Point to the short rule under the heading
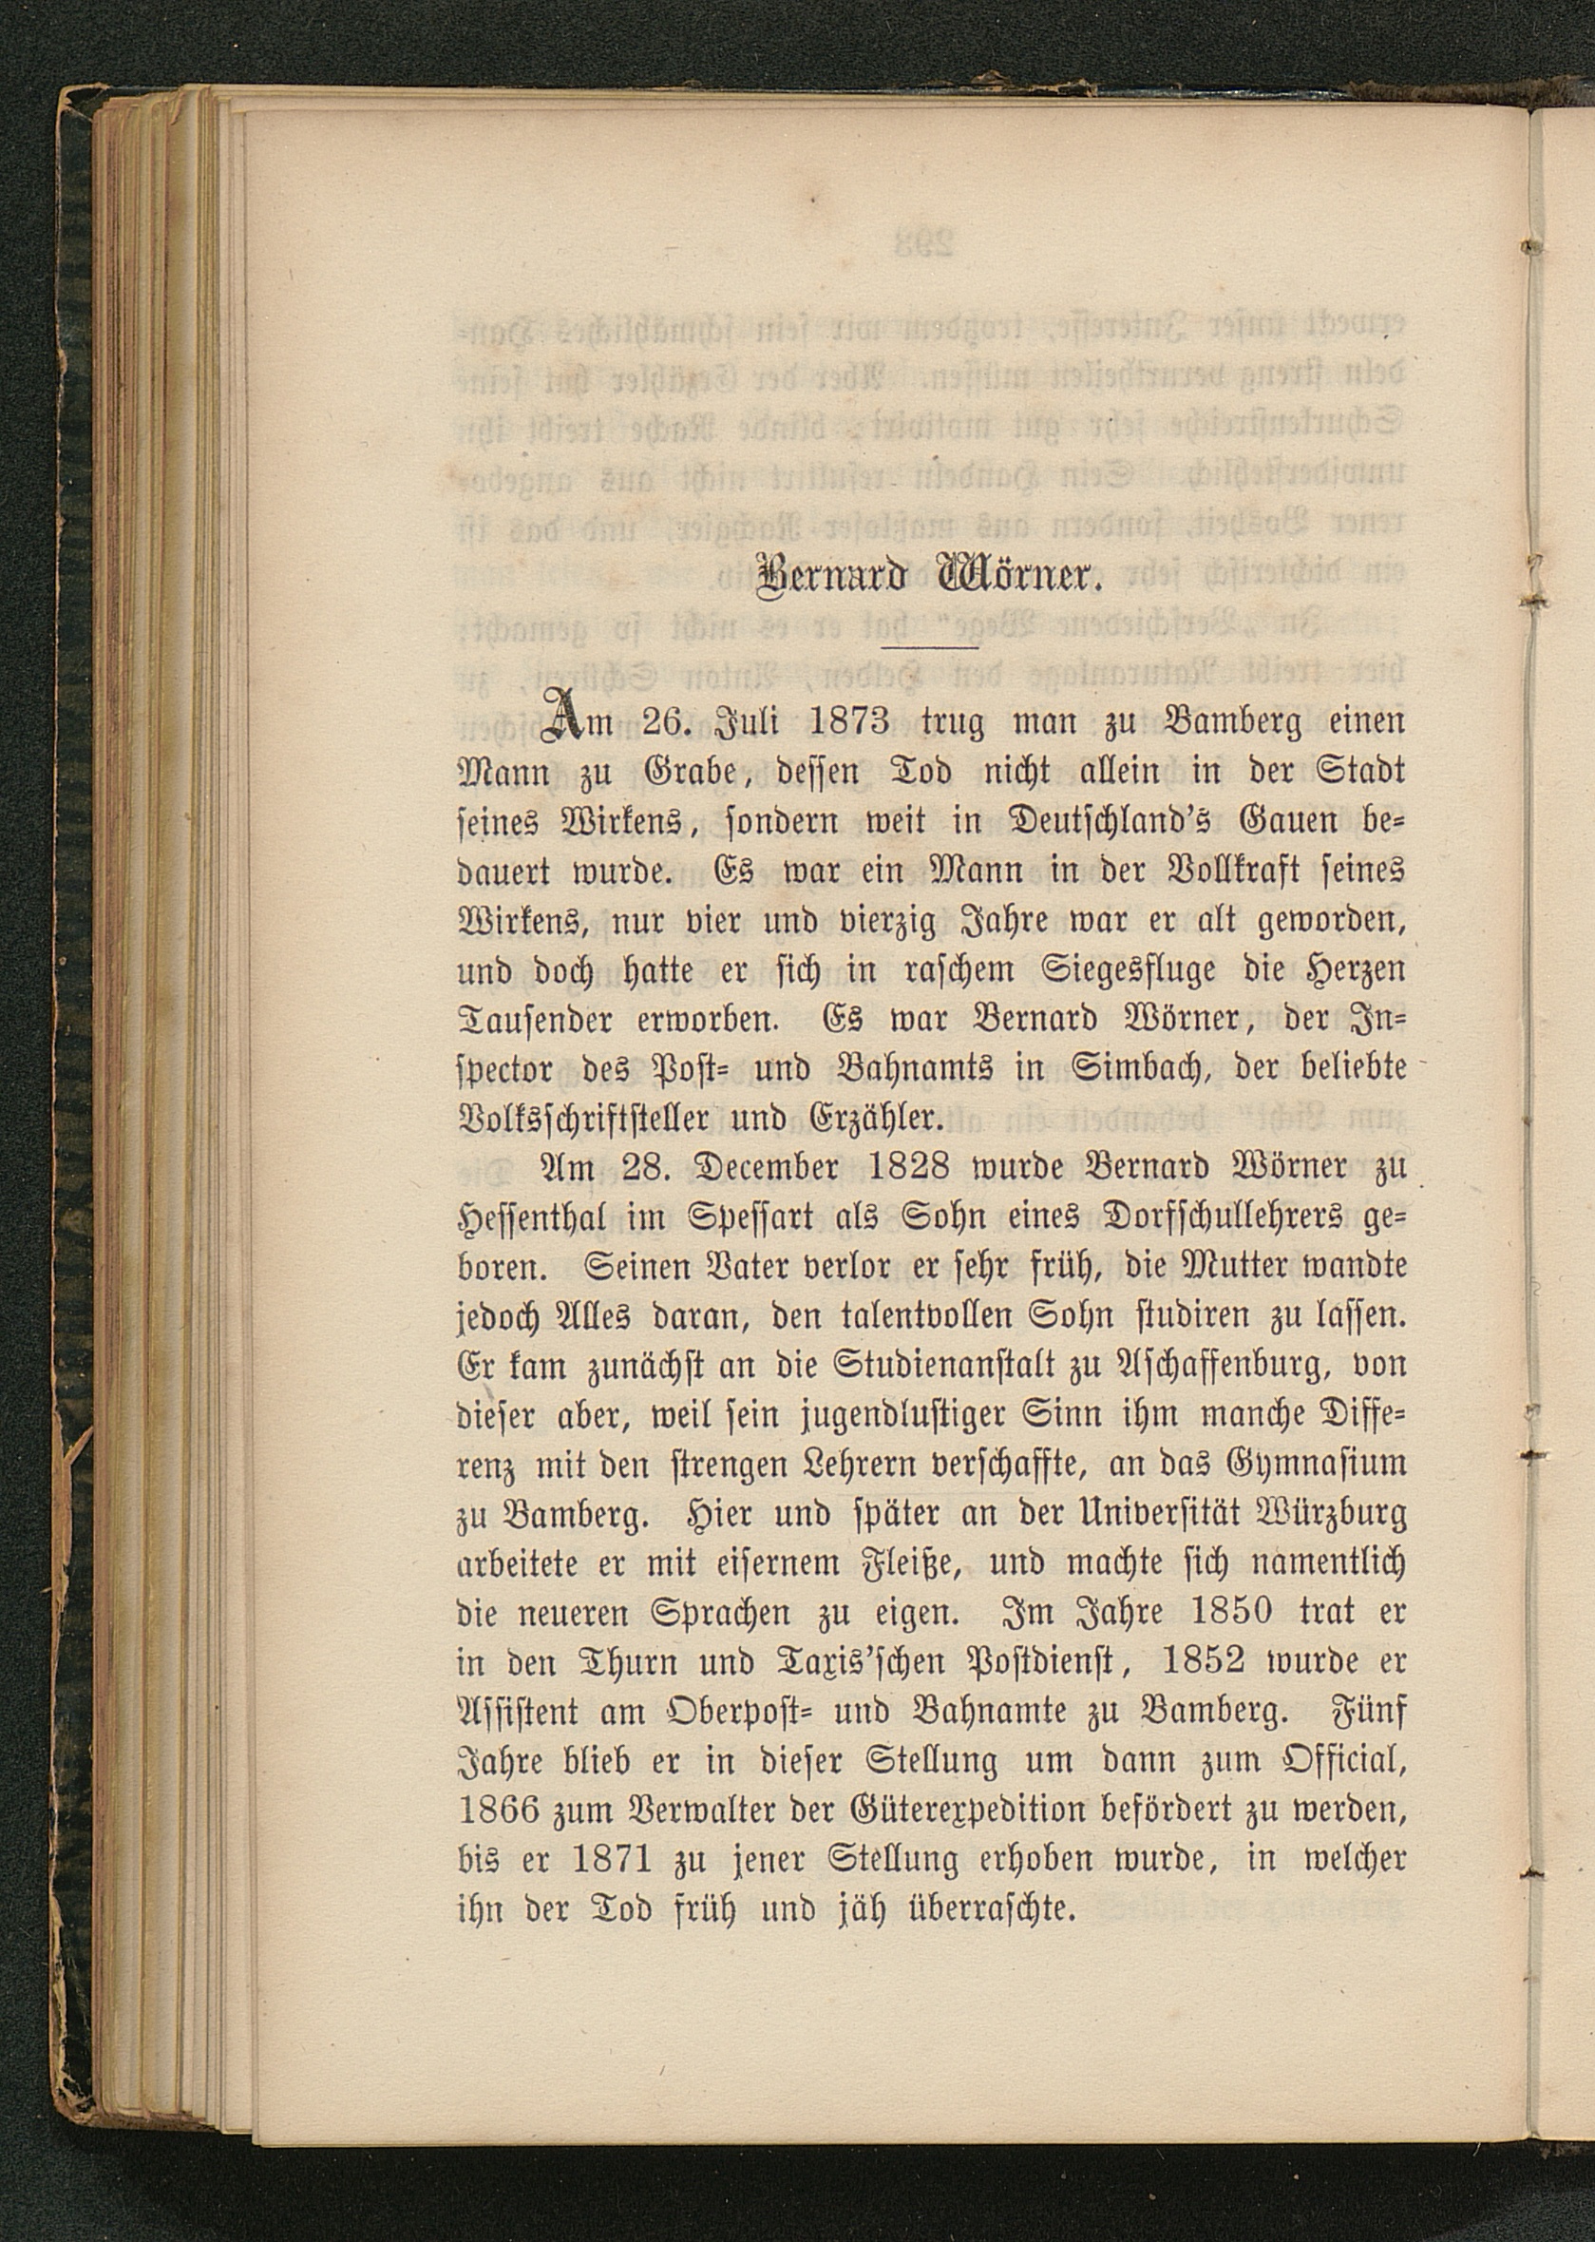click(930, 648)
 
